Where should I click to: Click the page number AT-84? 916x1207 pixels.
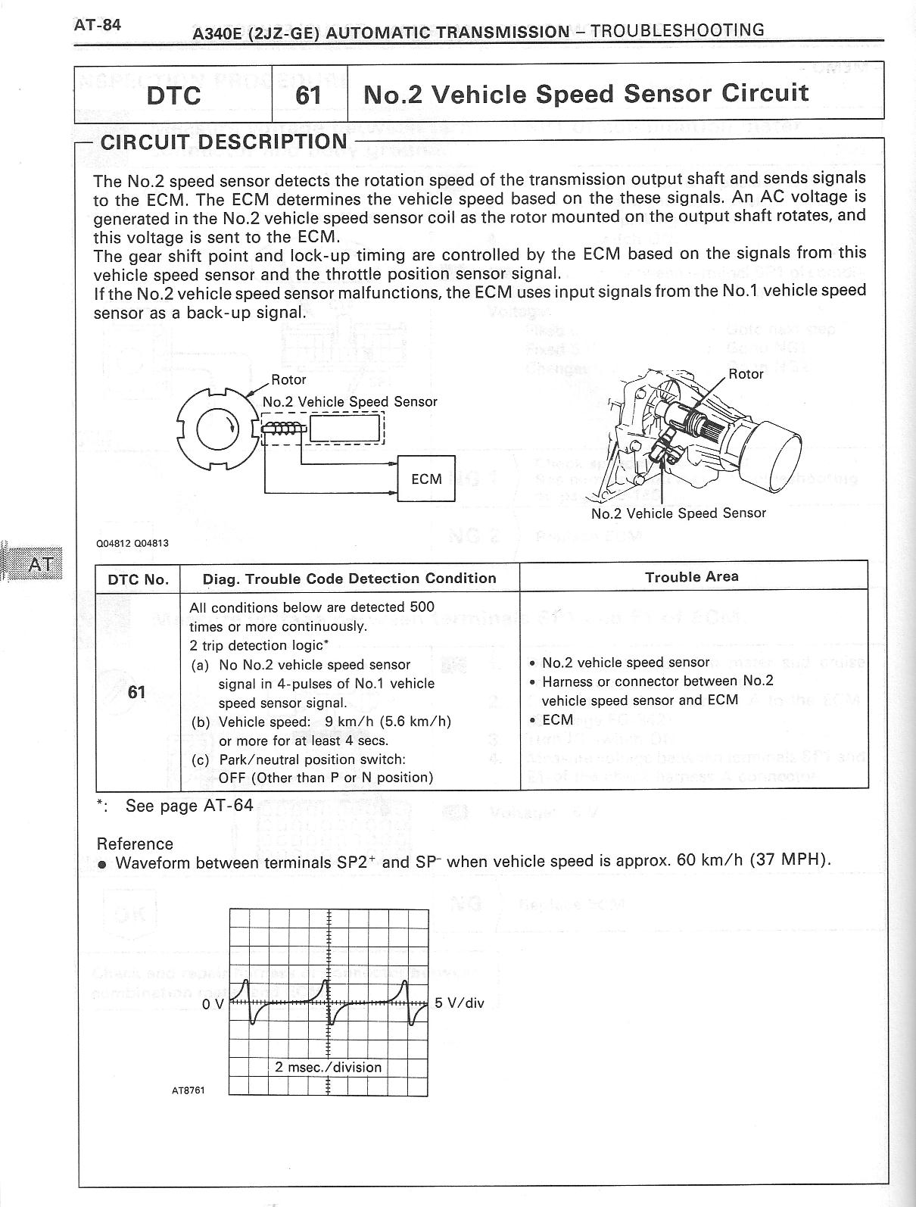click(97, 24)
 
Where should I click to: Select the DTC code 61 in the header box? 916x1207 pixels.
click(308, 95)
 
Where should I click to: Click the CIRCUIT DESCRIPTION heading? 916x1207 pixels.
click(223, 142)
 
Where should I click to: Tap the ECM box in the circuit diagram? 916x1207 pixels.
click(426, 479)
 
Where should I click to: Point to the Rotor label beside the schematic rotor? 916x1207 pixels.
click(288, 379)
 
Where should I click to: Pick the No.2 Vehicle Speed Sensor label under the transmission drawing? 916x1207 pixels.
click(678, 513)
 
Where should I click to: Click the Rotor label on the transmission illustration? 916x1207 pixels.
click(746, 373)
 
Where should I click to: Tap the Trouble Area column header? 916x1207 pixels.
click(691, 577)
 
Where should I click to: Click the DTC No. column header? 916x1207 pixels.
click(138, 579)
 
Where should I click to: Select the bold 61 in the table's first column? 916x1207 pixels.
click(137, 692)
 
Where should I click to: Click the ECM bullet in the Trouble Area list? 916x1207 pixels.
click(557, 719)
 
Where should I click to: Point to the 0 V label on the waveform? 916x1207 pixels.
click(213, 1004)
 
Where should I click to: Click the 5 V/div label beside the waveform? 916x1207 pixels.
click(459, 1003)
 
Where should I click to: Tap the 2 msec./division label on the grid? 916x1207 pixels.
click(328, 1067)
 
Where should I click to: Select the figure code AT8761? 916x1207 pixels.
click(188, 1090)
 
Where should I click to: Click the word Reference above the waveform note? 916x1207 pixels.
click(135, 844)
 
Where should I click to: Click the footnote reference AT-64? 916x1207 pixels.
click(229, 805)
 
